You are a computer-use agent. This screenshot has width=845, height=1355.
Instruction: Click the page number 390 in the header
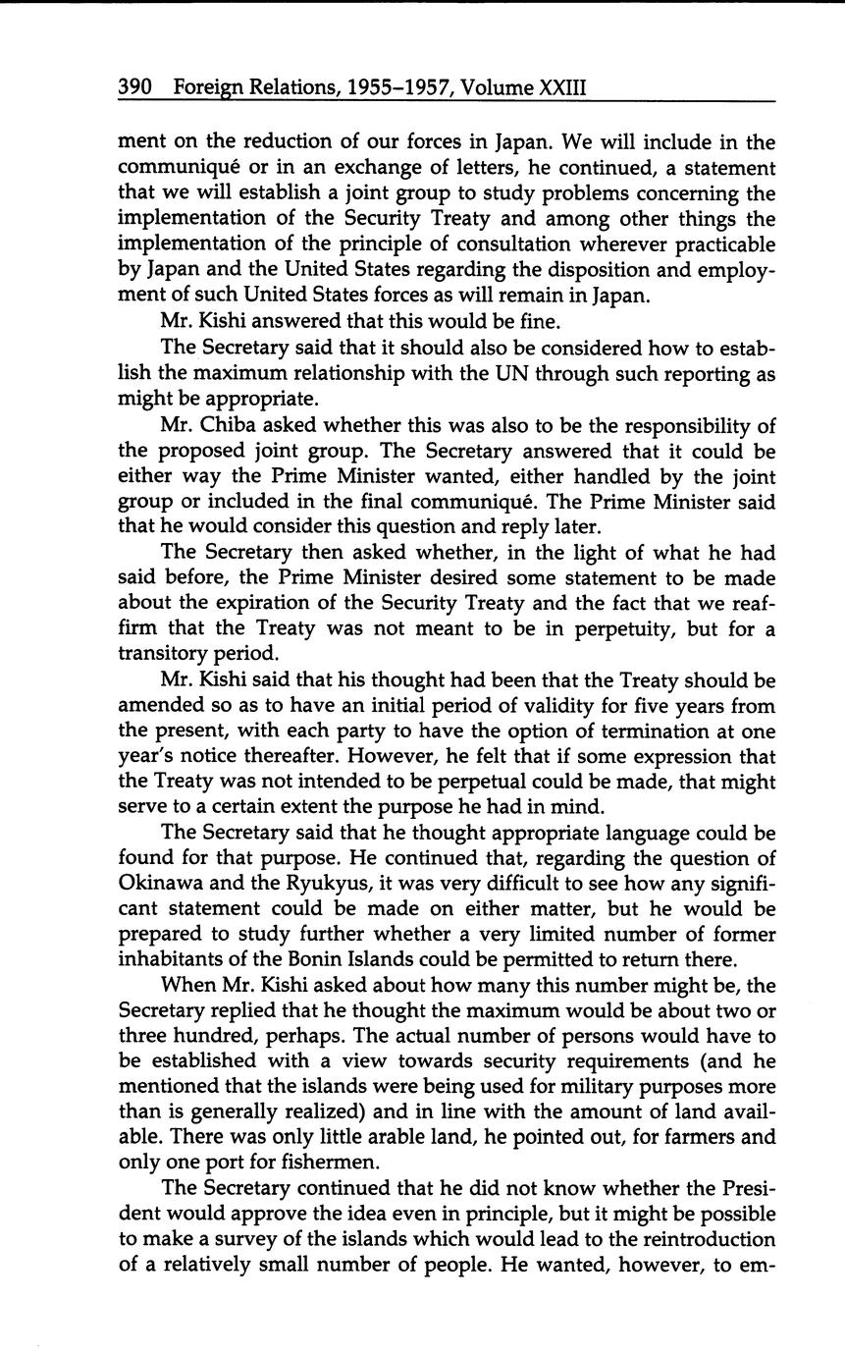click(x=134, y=87)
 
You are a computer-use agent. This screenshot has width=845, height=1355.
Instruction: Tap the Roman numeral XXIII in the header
click(x=562, y=87)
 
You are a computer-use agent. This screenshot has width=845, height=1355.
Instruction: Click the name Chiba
click(x=234, y=425)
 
